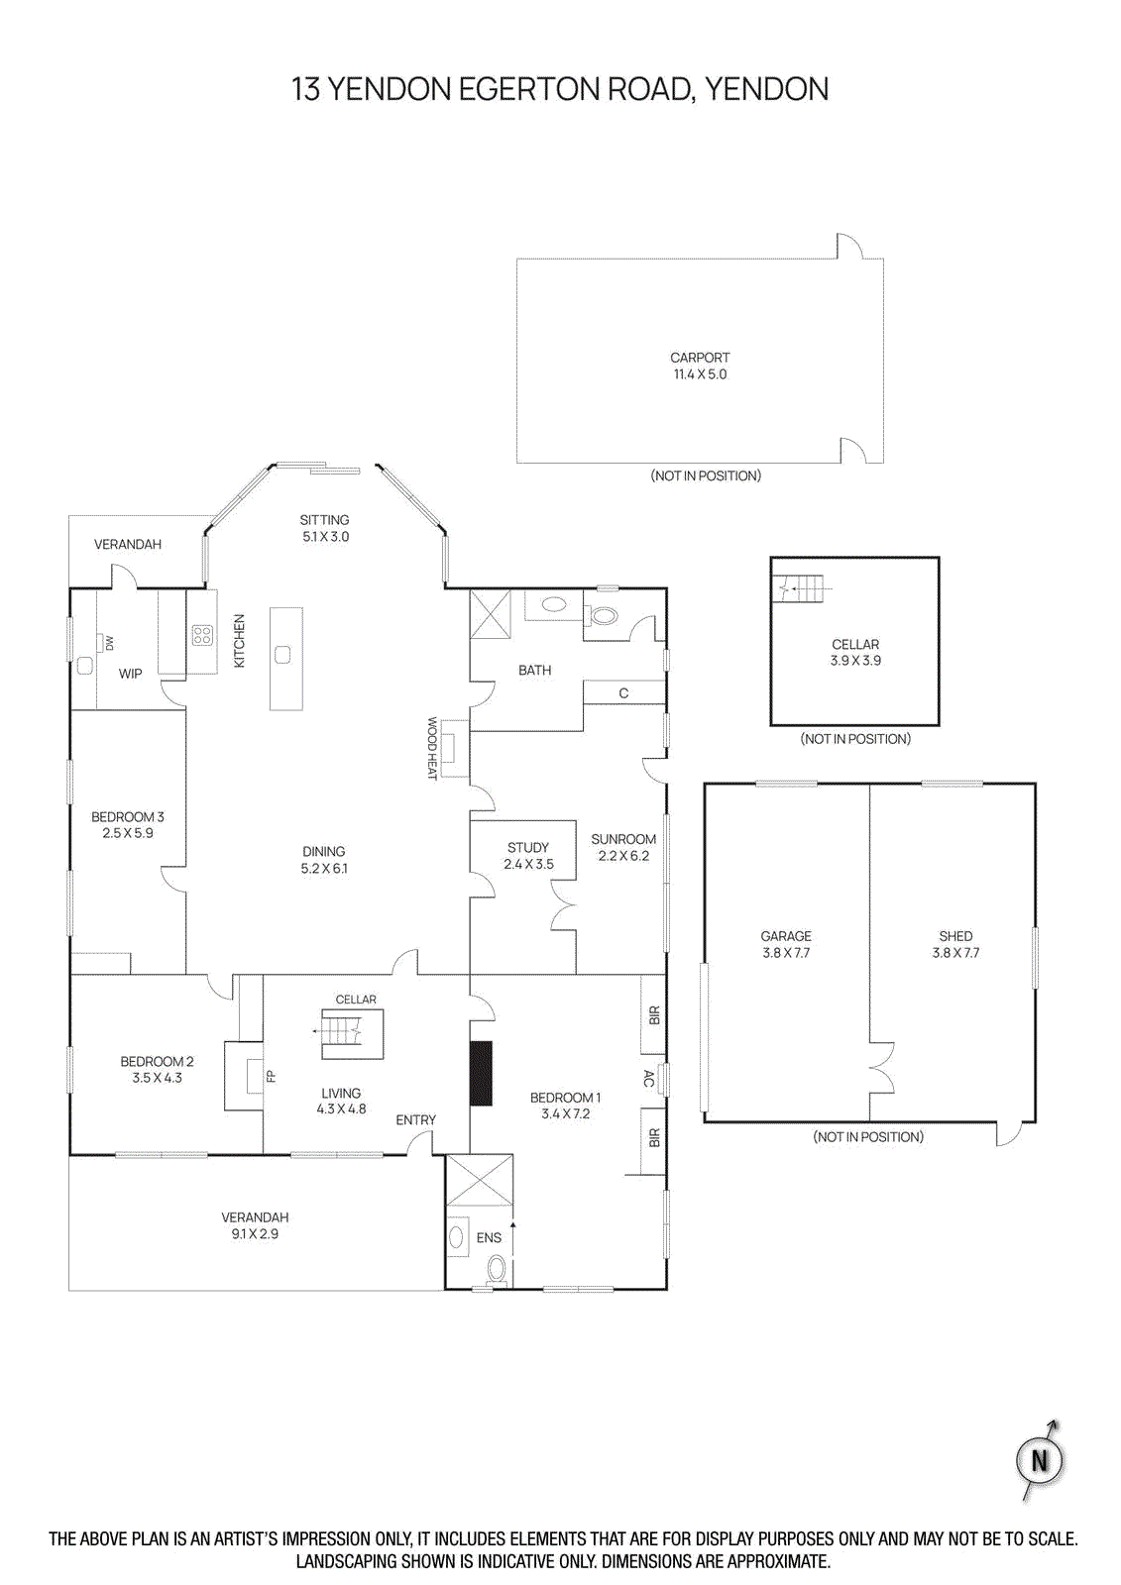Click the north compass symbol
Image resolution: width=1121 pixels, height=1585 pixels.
[1040, 1460]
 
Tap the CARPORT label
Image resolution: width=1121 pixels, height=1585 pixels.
[700, 358]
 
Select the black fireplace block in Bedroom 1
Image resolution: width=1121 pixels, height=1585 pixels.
[481, 1073]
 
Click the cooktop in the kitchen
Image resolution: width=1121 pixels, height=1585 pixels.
[202, 635]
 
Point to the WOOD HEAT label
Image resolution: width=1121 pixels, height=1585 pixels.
[432, 748]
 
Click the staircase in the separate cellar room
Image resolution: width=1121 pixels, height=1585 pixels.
[804, 589]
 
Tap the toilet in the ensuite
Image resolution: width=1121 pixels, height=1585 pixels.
[497, 1269]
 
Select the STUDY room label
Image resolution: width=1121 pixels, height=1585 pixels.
[527, 848]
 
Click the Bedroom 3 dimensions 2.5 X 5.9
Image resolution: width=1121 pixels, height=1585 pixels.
[128, 833]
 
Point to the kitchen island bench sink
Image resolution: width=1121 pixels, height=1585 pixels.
[282, 654]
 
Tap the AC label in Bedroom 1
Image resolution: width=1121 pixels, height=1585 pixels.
[649, 1079]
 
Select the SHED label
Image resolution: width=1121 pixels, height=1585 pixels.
[955, 936]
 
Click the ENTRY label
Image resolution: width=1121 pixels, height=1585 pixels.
[415, 1120]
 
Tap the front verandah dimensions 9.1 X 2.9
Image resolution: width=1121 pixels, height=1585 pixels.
[255, 1234]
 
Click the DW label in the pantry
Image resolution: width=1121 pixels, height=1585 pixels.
[109, 644]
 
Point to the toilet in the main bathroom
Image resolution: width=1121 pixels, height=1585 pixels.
[604, 615]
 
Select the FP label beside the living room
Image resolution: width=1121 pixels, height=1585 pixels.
[271, 1076]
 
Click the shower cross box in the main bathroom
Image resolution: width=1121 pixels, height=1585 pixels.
[490, 614]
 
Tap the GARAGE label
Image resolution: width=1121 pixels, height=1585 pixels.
[786, 936]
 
